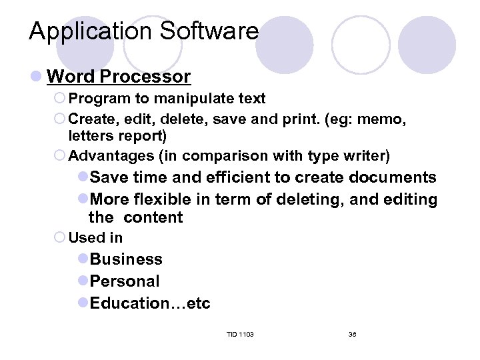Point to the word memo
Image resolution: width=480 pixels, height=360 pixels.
[x=387, y=119]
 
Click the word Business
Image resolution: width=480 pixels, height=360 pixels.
[x=126, y=259]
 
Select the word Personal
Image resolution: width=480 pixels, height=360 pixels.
[x=125, y=281]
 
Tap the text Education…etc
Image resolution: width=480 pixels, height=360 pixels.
[x=150, y=303]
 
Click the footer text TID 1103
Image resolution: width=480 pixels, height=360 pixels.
[x=240, y=333]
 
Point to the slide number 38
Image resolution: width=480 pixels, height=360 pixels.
[x=352, y=333]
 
